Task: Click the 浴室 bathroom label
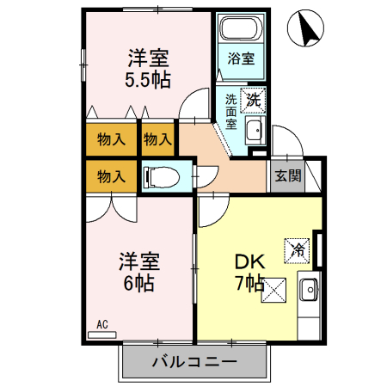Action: point(241,59)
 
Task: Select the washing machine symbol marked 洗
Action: point(252,100)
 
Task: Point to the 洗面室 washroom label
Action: point(231,111)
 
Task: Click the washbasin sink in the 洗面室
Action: point(254,131)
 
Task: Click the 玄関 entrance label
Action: point(287,177)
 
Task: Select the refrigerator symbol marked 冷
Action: point(298,250)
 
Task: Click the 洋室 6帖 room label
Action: point(138,272)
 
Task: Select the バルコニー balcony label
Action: point(193,361)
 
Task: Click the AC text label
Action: point(101,324)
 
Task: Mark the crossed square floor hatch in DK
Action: point(275,291)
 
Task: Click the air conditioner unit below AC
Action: point(101,334)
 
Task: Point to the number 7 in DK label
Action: point(238,283)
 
